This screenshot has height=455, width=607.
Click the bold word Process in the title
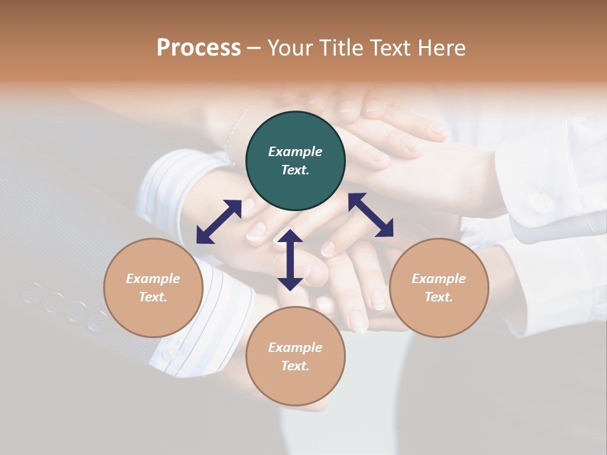coord(199,48)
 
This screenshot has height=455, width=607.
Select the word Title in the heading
coord(341,48)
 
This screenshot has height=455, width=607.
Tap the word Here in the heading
coord(441,48)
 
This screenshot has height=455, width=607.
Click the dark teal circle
coord(295,161)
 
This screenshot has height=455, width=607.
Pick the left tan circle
coord(153,288)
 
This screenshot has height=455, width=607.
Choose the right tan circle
coord(439,288)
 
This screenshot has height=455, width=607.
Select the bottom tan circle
coord(295,356)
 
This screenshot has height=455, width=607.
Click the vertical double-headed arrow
coord(290,260)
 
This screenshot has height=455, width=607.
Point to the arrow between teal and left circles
coord(219,222)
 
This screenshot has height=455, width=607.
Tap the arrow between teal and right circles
coord(371,215)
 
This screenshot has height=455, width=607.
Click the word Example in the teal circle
coord(295,152)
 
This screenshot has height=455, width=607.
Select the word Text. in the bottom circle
coord(295,366)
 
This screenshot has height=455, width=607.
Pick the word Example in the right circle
coord(439,279)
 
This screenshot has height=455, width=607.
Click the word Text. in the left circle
coord(153,297)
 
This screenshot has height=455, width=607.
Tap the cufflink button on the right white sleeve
coord(541,203)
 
